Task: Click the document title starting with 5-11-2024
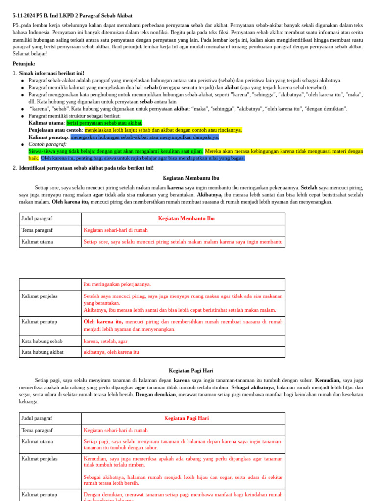[x=72, y=16]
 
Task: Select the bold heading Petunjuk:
[x=24, y=64]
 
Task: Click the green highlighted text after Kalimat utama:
[x=104, y=123]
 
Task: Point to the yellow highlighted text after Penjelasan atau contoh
[x=163, y=130]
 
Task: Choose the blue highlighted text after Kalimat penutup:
[x=144, y=137]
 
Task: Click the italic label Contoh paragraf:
[x=47, y=144]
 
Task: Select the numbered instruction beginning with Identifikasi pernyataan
[x=86, y=168]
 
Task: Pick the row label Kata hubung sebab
[x=42, y=341]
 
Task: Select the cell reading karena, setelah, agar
[x=105, y=341]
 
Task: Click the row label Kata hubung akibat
[x=43, y=352]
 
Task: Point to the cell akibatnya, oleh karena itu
[x=111, y=352]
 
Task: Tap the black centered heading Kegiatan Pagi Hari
[x=191, y=371]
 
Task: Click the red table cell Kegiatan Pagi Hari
[x=186, y=418]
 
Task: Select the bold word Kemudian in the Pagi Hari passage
[x=327, y=380]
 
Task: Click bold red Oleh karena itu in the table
[x=103, y=322]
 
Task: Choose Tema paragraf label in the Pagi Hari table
[x=37, y=430]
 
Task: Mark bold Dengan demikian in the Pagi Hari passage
[x=155, y=394]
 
